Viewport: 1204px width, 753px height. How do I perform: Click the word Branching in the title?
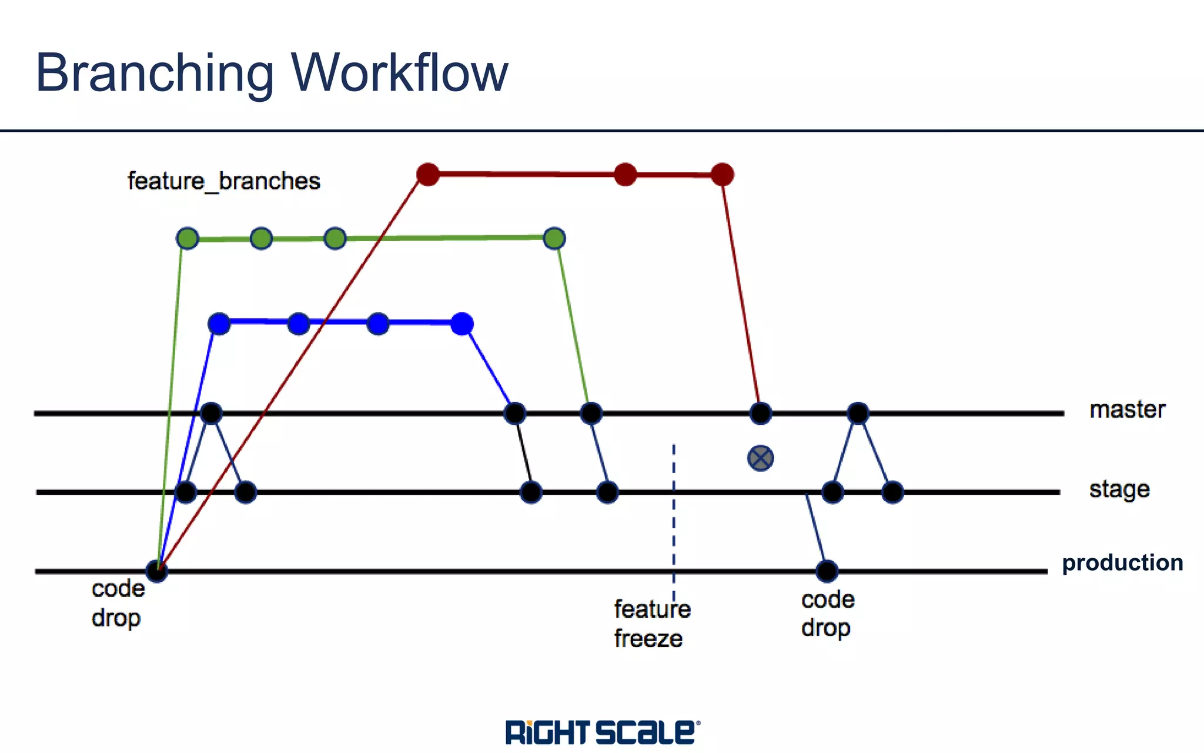(154, 74)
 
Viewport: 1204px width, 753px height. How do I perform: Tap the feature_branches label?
(223, 181)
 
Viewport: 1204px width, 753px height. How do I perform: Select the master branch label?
(1127, 409)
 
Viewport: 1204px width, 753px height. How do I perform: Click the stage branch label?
(1119, 489)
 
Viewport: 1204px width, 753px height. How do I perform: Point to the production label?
(1122, 563)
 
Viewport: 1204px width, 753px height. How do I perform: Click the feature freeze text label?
(651, 624)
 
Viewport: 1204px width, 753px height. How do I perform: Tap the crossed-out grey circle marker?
(760, 458)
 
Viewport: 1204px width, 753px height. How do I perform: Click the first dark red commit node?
(428, 174)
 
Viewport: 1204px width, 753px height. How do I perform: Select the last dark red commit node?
(722, 174)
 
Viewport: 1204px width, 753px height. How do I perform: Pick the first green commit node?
(188, 238)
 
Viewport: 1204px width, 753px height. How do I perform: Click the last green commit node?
(554, 238)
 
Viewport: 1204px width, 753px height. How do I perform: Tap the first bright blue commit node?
(219, 324)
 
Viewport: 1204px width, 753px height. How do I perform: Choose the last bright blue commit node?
(462, 324)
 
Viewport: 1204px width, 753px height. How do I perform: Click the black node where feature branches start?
(156, 571)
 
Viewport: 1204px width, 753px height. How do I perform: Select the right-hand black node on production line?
(827, 571)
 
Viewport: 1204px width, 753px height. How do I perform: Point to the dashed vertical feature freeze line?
(674, 518)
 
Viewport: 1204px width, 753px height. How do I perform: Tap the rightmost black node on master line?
(858, 413)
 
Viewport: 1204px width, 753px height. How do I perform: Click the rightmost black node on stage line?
(892, 492)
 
